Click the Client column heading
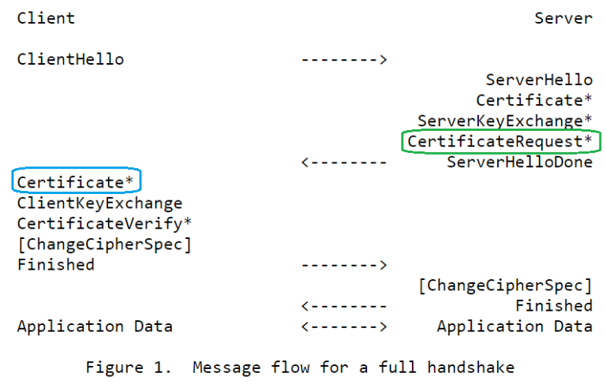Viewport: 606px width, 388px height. click(x=46, y=18)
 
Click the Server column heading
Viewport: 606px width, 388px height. click(x=563, y=18)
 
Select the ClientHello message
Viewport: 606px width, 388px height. click(x=70, y=59)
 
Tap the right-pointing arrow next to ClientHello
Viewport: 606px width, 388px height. click(x=344, y=59)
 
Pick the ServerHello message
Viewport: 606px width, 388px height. click(x=539, y=80)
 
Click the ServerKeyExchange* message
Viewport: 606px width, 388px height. click(x=505, y=121)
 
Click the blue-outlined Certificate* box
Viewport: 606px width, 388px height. click(x=76, y=182)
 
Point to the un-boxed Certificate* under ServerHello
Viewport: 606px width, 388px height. click(x=534, y=100)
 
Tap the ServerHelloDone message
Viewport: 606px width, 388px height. click(x=519, y=162)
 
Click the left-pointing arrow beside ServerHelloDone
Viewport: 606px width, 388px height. click(x=344, y=162)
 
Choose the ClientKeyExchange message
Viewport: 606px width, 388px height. click(x=99, y=203)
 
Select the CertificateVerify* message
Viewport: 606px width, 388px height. click(x=104, y=224)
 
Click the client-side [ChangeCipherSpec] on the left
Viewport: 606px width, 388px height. click(x=104, y=244)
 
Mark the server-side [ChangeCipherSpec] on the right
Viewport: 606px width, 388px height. click(x=505, y=285)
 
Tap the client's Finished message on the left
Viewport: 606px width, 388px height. click(x=56, y=265)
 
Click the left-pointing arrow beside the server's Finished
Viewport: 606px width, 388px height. click(x=344, y=306)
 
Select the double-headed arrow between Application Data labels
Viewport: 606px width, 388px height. click(x=344, y=326)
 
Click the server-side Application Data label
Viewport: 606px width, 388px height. click(x=514, y=326)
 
